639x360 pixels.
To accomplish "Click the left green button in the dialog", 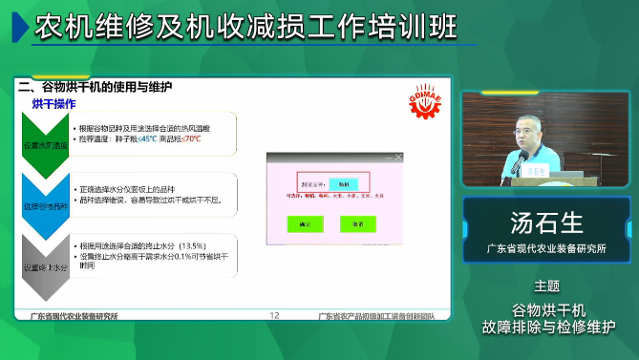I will [306, 223].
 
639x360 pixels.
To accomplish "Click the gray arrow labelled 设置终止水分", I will [46, 259].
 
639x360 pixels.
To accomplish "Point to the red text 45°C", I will [148, 138].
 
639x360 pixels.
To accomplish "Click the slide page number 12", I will [275, 316].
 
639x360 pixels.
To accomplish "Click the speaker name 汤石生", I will [547, 223].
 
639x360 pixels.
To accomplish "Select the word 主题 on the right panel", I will [547, 286].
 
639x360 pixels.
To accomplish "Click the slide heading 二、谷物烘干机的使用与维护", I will [96, 86].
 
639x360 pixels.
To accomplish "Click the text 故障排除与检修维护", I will [547, 326].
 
